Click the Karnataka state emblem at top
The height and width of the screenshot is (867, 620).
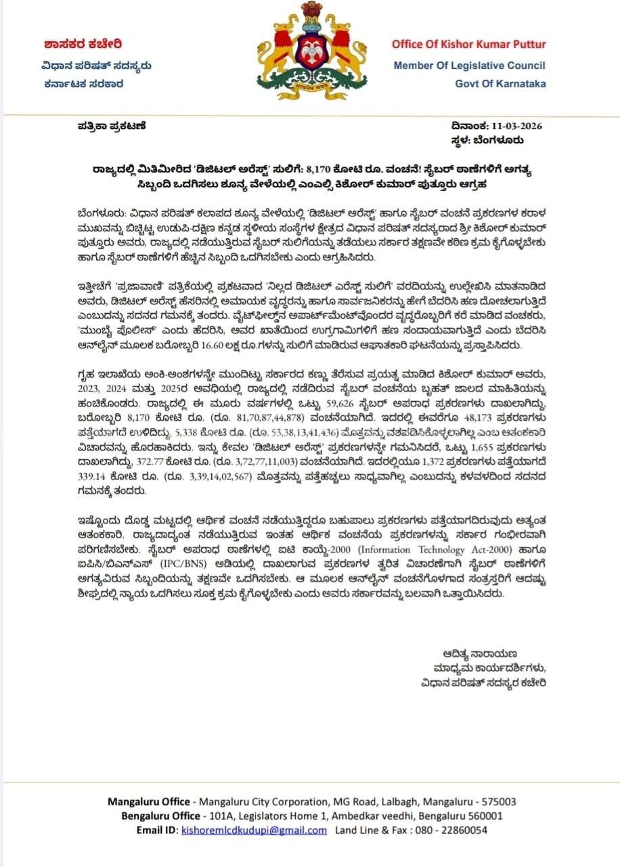[x=310, y=51]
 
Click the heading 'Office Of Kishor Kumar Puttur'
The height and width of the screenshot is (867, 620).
[x=468, y=45]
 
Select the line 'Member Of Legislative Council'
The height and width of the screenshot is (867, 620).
[x=469, y=66]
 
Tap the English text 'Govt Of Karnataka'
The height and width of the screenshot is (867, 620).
[x=500, y=85]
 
